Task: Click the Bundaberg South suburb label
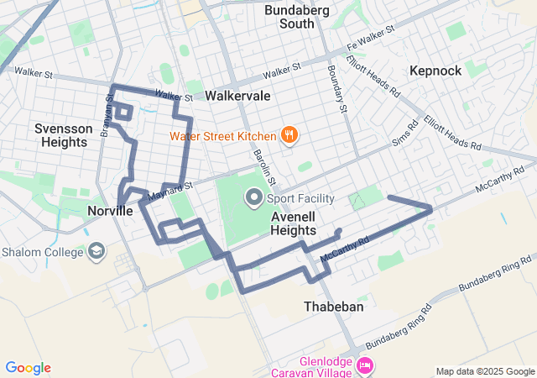[x=289, y=17]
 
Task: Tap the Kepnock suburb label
[x=435, y=71]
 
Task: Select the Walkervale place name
[x=237, y=96]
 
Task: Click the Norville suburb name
[x=110, y=211]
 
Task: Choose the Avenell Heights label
[x=293, y=223]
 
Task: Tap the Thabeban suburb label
[x=334, y=307]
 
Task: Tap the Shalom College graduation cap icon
[x=96, y=252]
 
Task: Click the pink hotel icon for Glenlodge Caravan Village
[x=365, y=365]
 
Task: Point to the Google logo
[x=28, y=368]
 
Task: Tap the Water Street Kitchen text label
[x=222, y=136]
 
